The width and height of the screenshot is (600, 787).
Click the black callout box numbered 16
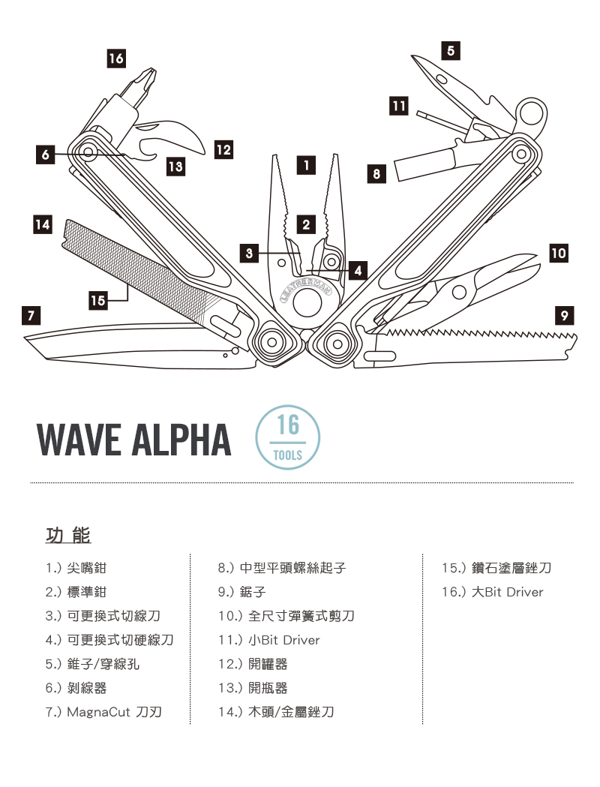(116, 58)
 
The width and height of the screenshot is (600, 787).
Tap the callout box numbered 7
(31, 314)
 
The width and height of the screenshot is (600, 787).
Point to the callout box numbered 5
(449, 50)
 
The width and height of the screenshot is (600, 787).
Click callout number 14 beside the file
(43, 224)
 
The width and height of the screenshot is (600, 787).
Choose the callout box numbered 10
(558, 253)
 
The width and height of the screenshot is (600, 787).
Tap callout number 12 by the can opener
(223, 149)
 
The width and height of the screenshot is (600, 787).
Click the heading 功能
(68, 536)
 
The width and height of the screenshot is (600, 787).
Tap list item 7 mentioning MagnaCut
(103, 712)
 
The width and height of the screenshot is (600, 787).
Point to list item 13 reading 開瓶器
(253, 688)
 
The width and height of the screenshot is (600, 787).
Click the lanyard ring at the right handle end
(532, 112)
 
